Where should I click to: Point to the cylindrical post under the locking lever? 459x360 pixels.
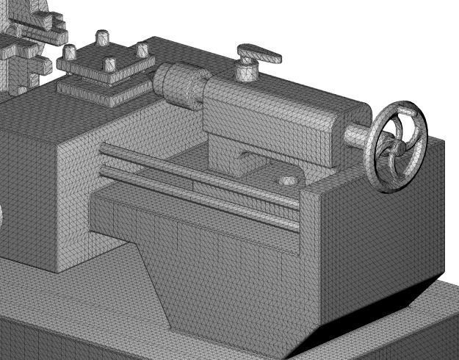(245, 71)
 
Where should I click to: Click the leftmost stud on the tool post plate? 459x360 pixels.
(71, 53)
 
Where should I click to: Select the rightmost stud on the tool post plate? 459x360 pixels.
(142, 49)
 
